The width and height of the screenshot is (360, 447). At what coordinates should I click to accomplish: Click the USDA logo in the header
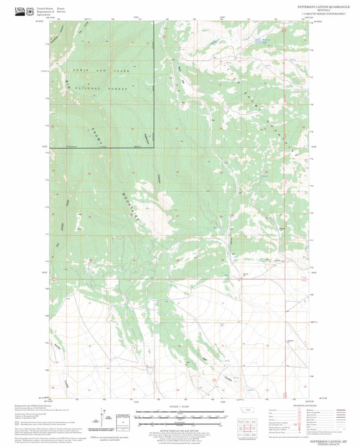pos(20,11)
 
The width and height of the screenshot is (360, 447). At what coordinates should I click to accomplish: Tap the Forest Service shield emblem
pos(30,11)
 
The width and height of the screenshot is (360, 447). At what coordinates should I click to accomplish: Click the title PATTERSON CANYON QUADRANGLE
pos(322,7)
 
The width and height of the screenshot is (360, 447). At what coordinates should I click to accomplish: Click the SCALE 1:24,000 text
pos(180,406)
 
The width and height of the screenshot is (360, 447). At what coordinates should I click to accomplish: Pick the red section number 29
pos(89,217)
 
